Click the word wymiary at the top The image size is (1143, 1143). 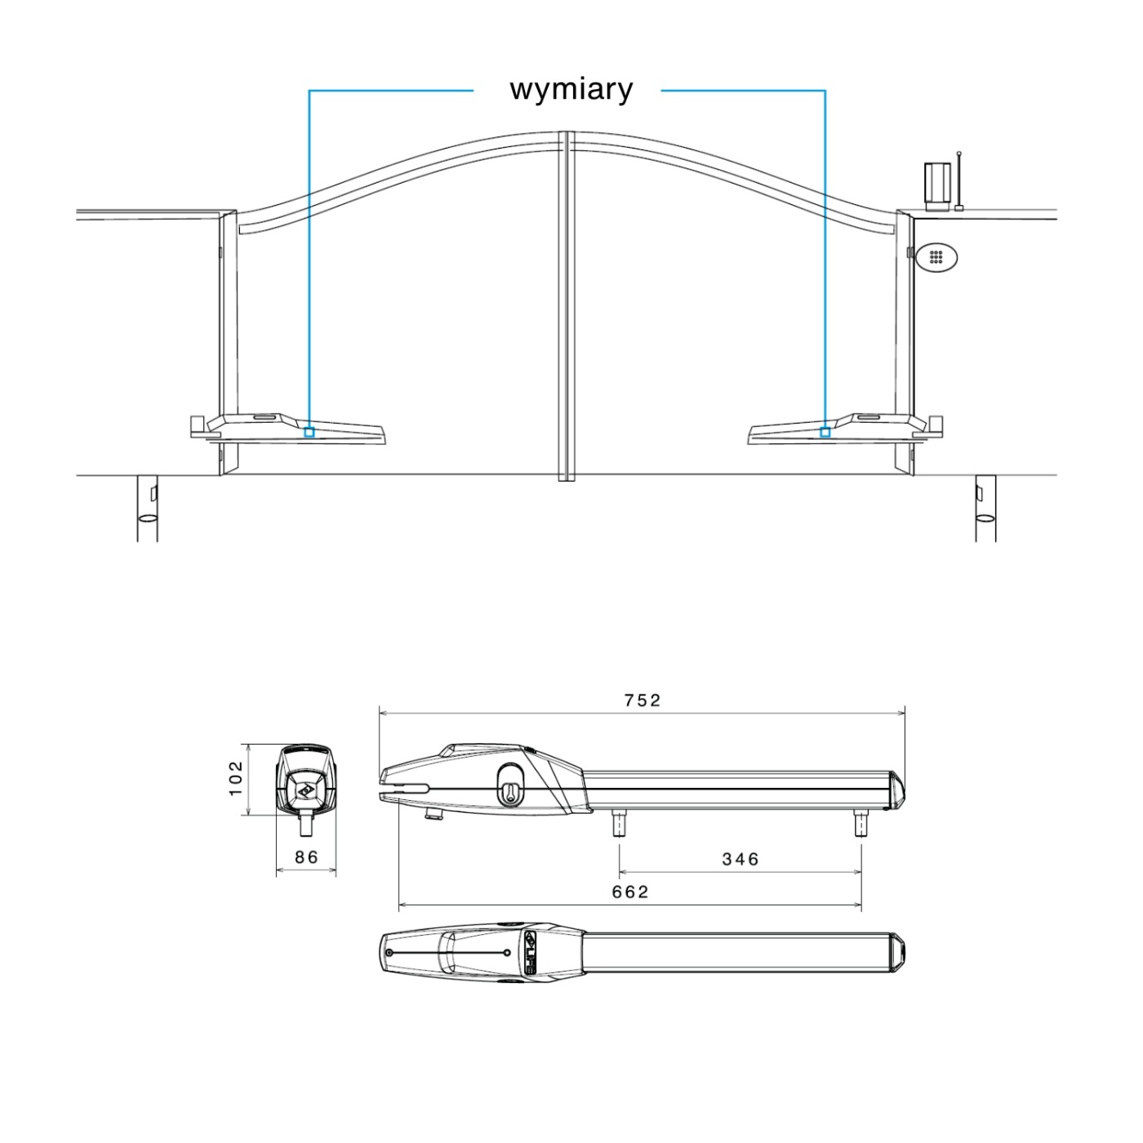point(571,90)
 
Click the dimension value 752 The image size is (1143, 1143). point(642,700)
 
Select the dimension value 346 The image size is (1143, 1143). point(741,859)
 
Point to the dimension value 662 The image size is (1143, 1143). point(630,892)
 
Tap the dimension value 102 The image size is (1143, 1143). point(235,779)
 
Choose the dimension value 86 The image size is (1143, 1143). point(306,856)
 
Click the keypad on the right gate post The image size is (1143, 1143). point(936,257)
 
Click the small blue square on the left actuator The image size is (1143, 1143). point(309,433)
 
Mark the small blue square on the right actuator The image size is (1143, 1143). point(825,433)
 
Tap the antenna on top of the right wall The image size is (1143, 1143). point(958,181)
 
